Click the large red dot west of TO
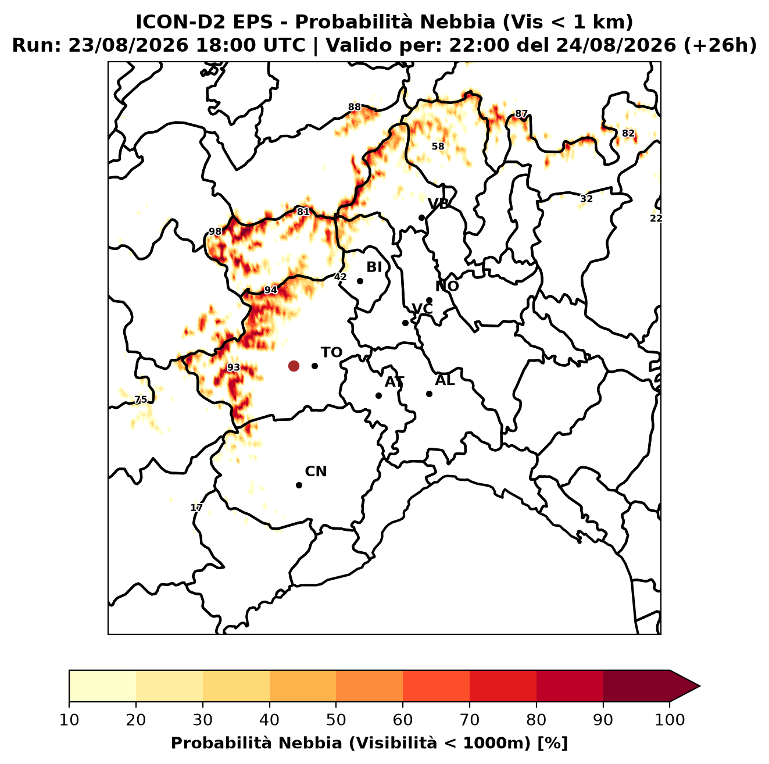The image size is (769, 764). pos(294,365)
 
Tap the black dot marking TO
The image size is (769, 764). pos(314,366)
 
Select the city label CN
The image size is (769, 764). pos(316,472)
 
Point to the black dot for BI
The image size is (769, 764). pos(360,281)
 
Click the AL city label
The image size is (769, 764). pos(445,380)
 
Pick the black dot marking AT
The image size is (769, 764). pos(378,395)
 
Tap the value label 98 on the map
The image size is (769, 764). pos(215,231)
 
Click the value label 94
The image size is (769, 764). pos(270,290)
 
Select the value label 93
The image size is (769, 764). pos(234,367)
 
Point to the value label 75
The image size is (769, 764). pos(141,399)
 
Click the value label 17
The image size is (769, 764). pos(196,508)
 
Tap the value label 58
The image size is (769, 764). pos(438,147)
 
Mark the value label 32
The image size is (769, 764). pos(586,199)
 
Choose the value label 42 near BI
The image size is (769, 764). pos(340,277)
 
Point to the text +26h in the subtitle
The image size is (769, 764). pos(720,45)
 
